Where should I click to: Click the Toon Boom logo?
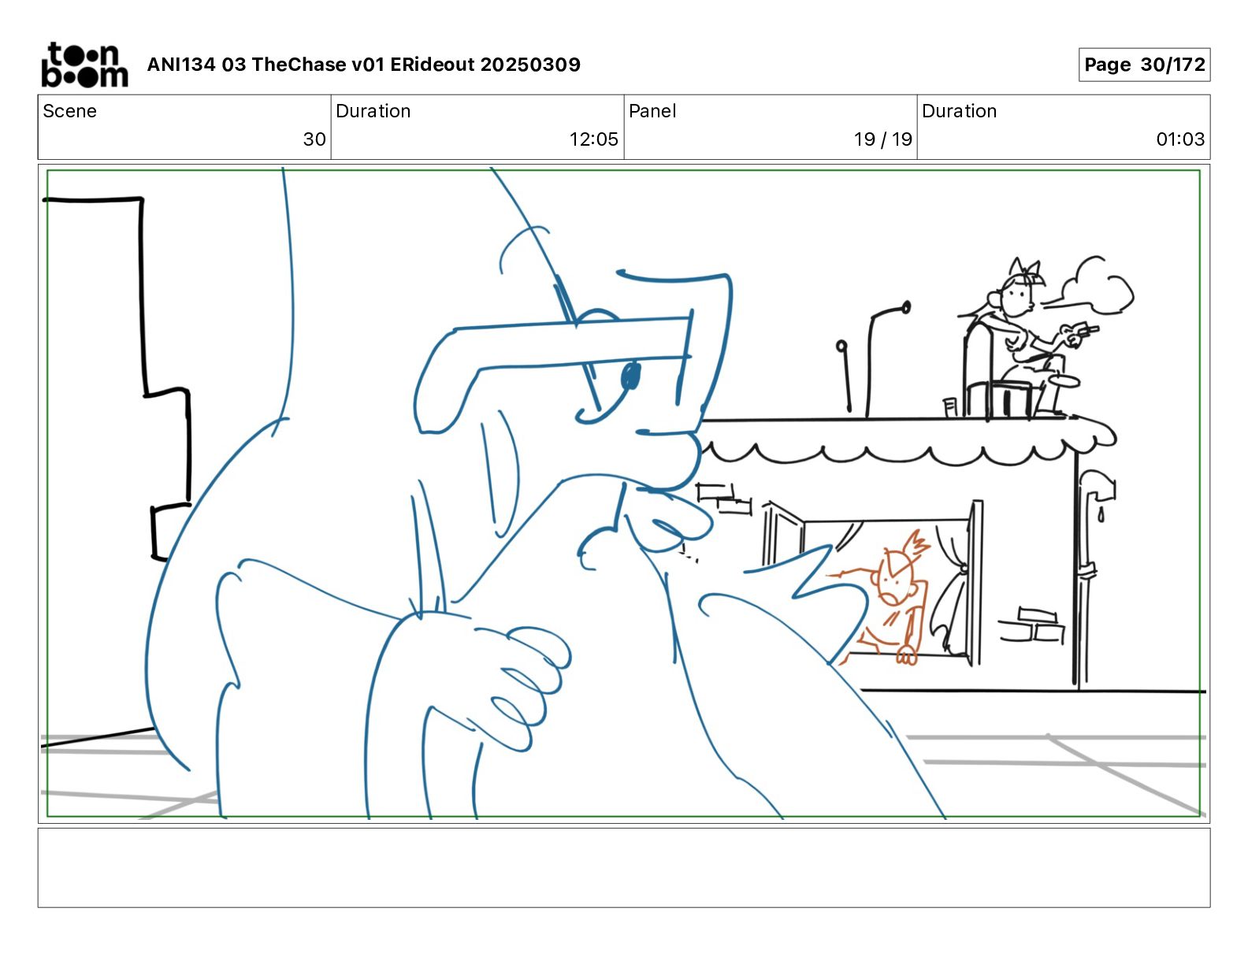point(84,65)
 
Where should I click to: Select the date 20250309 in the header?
point(530,65)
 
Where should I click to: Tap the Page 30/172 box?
point(1144,65)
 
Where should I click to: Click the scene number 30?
point(314,139)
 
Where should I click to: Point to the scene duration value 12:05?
point(593,139)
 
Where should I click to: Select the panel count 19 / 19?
point(882,139)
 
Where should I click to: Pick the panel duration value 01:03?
point(1180,139)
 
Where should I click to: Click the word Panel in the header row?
point(652,111)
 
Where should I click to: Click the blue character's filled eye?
point(630,376)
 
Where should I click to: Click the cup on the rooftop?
point(950,406)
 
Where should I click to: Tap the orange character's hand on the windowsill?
point(906,656)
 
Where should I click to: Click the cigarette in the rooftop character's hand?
point(1088,329)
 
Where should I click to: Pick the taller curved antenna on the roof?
point(882,356)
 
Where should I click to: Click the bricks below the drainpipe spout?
point(1031,625)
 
